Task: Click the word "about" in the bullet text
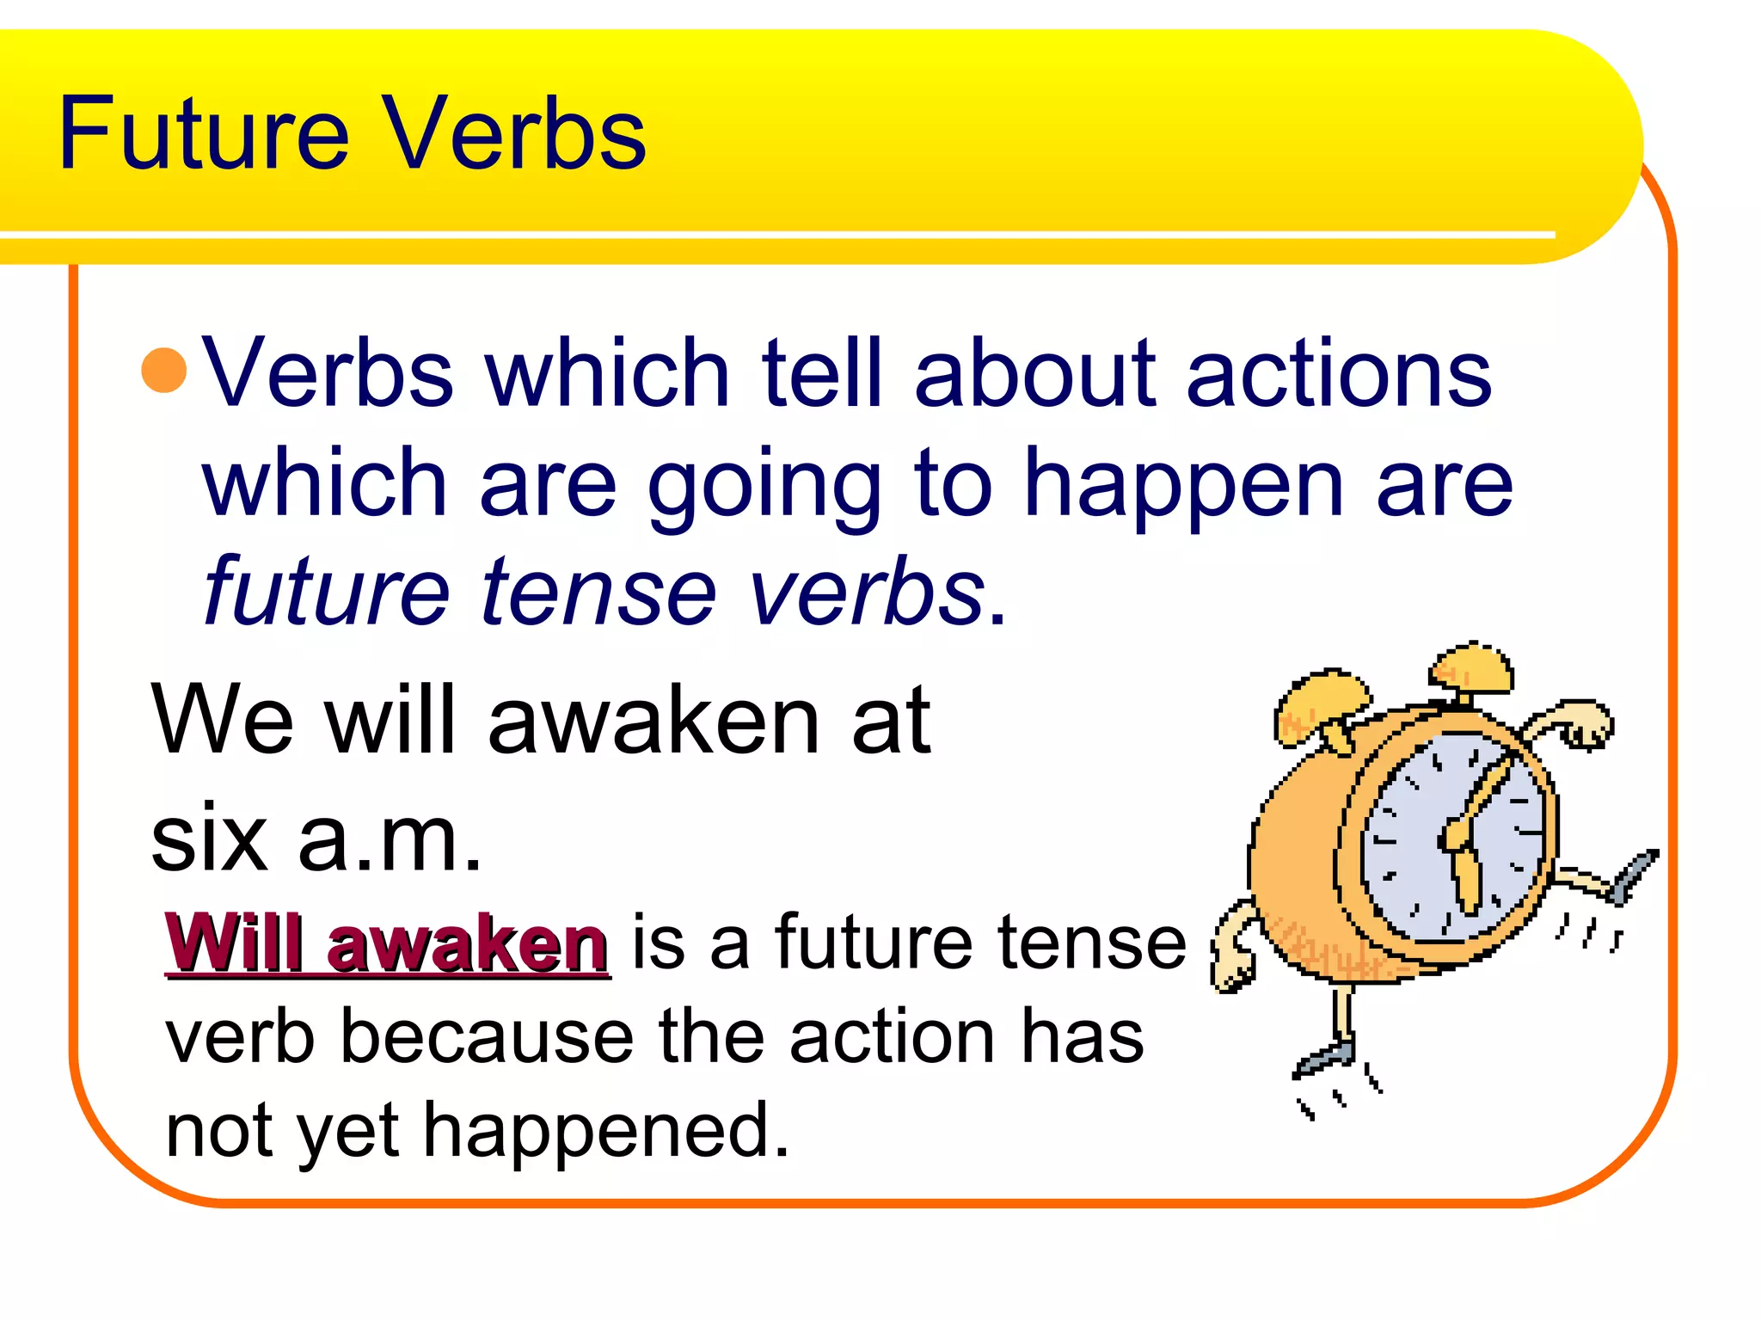tap(1035, 373)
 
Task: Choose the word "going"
tap(764, 486)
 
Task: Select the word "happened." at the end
tap(606, 1131)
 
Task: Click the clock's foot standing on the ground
tap(1325, 1057)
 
